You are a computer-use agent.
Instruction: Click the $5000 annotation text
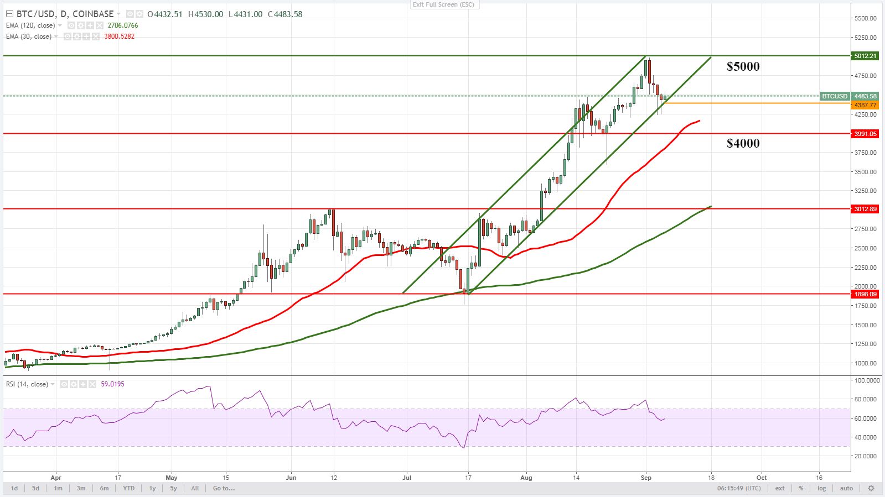[x=743, y=66]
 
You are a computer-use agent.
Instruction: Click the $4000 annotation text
[x=743, y=143]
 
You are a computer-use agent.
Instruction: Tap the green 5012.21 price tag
[x=865, y=56]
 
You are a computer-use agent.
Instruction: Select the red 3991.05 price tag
[x=865, y=134]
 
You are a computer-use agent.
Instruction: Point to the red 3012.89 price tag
[x=865, y=209]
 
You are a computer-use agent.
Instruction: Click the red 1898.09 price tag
[x=865, y=294]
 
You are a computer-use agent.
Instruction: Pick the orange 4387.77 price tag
[x=865, y=105]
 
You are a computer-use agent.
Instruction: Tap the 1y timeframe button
[x=152, y=488]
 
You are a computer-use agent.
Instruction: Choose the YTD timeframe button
[x=128, y=488]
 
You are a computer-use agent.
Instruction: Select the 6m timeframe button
[x=104, y=488]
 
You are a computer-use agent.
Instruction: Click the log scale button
[x=821, y=488]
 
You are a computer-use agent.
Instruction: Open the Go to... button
[x=224, y=488]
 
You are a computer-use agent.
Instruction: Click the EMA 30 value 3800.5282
[x=119, y=36]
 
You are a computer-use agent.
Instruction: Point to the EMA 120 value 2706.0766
[x=123, y=25]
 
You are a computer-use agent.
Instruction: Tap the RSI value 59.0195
[x=112, y=384]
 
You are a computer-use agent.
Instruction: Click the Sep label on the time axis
[x=646, y=478]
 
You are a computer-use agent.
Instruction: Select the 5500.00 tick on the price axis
[x=865, y=18]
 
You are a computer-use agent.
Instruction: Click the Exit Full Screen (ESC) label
[x=443, y=4]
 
